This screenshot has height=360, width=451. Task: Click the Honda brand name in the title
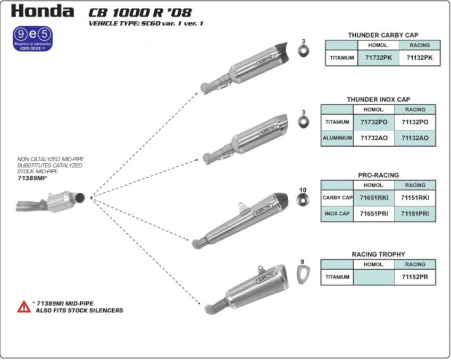point(43,11)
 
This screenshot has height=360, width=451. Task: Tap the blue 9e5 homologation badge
point(33,39)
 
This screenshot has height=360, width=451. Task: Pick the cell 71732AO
point(373,138)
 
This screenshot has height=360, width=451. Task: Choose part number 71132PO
point(415,122)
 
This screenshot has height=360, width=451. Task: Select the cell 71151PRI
point(415,213)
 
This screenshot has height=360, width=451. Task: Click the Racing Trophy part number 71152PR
point(415,277)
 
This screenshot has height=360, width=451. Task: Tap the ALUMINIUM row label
point(337,138)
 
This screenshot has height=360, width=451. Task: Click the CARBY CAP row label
point(337,198)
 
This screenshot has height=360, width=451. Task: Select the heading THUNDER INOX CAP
point(378,99)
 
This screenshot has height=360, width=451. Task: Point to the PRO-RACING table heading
point(378,175)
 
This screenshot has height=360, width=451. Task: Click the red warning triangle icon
point(24,306)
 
